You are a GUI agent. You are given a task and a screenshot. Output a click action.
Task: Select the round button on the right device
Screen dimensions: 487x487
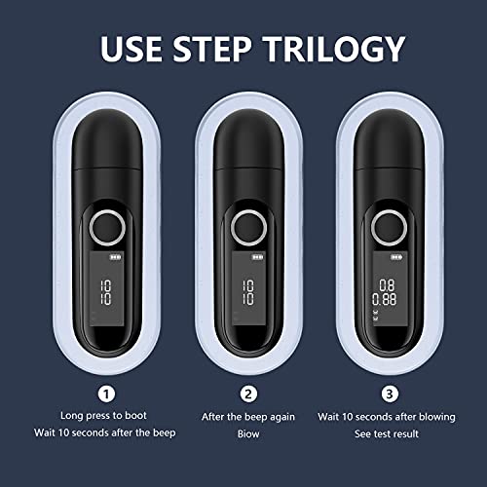[386, 229]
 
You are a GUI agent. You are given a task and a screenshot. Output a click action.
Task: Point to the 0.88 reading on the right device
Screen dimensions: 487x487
[387, 300]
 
